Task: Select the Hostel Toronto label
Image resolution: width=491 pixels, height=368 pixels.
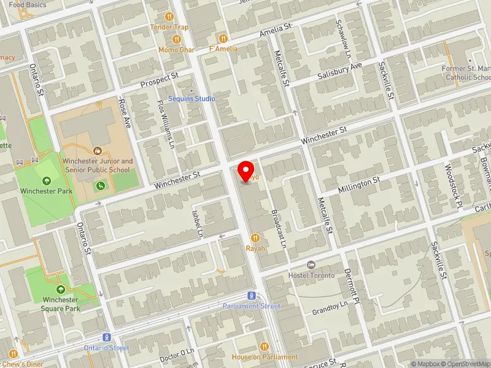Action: [311, 275]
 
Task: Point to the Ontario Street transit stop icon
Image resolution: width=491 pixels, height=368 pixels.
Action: [106, 337]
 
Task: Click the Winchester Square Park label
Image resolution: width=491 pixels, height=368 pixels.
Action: [60, 304]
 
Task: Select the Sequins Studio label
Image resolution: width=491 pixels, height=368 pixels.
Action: [192, 98]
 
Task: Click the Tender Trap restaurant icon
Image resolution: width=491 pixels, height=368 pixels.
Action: [169, 17]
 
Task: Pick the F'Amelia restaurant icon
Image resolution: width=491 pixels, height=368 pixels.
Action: [223, 38]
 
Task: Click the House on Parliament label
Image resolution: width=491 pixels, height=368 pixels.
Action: [265, 357]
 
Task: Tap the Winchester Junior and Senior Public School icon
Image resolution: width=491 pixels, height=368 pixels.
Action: [97, 150]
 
